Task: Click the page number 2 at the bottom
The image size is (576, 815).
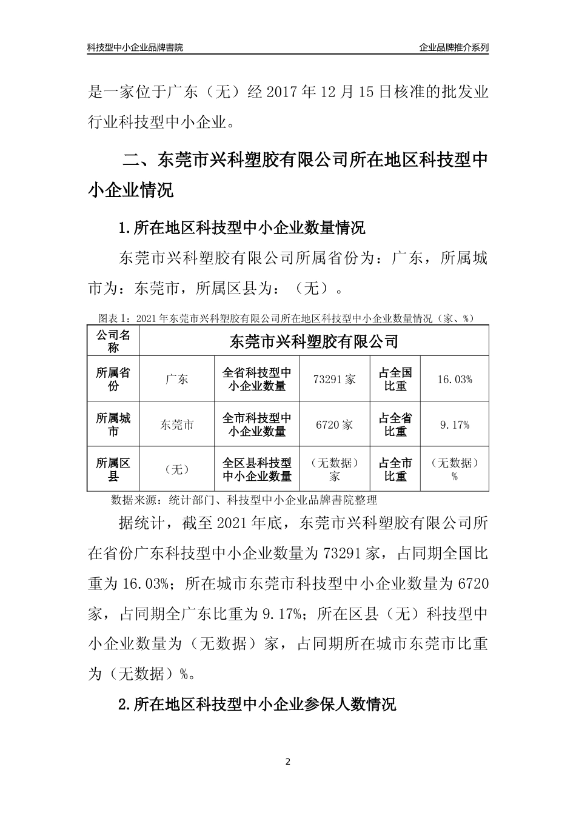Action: point(288,762)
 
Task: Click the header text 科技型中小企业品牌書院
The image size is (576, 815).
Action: point(135,47)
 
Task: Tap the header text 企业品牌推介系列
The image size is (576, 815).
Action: point(454,47)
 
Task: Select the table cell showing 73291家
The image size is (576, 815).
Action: point(335,380)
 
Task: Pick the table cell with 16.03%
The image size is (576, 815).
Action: point(455,380)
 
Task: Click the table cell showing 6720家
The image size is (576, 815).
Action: point(335,425)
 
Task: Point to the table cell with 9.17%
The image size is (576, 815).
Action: point(455,425)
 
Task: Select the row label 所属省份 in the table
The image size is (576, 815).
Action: point(113,380)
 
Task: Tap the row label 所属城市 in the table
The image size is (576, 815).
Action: point(113,425)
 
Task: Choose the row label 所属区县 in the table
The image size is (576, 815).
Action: point(113,470)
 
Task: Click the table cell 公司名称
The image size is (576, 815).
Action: point(113,341)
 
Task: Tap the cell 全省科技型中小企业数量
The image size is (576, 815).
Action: point(257,380)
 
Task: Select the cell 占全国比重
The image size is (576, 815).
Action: point(395,380)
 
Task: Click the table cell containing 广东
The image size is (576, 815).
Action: point(176,380)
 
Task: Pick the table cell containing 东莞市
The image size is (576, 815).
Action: point(176,425)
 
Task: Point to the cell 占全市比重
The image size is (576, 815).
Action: point(395,470)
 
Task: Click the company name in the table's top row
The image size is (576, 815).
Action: point(314,341)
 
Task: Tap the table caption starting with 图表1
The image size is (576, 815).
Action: point(287,318)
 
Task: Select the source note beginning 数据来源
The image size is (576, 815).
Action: point(244,500)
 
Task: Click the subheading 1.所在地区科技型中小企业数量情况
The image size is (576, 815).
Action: point(243,229)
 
